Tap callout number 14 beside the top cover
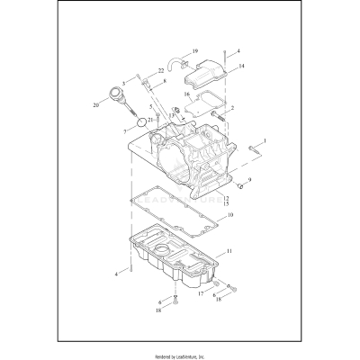pyautogui.click(x=240, y=67)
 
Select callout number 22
pyautogui.click(x=162, y=71)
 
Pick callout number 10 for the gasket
pyautogui.click(x=230, y=216)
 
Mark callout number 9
pyautogui.click(x=249, y=180)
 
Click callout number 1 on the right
pyautogui.click(x=265, y=140)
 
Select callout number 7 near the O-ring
pyautogui.click(x=125, y=130)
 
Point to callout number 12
pyautogui.click(x=227, y=197)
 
